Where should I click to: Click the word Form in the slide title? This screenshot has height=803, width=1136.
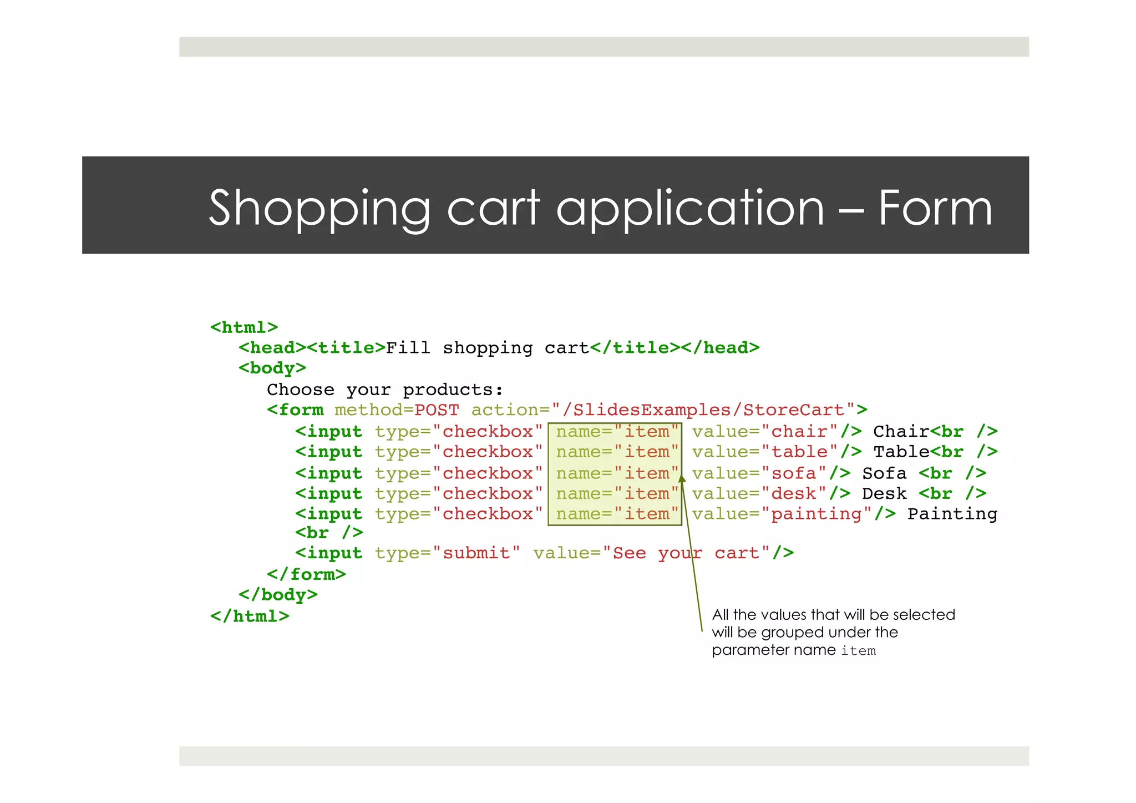935,208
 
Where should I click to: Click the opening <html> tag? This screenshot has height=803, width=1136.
244,327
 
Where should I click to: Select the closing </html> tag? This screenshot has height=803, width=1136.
250,617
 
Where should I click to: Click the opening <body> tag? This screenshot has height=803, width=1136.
272,368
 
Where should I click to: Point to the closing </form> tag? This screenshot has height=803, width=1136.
306,574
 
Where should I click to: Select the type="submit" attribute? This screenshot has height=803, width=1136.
447,553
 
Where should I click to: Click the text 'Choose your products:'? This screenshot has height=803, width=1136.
385,390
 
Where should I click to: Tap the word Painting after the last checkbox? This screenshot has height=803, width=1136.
952,514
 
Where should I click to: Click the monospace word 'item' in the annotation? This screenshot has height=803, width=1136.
858,651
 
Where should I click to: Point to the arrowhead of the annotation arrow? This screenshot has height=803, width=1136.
682,477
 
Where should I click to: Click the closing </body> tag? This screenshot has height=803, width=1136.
278,595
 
